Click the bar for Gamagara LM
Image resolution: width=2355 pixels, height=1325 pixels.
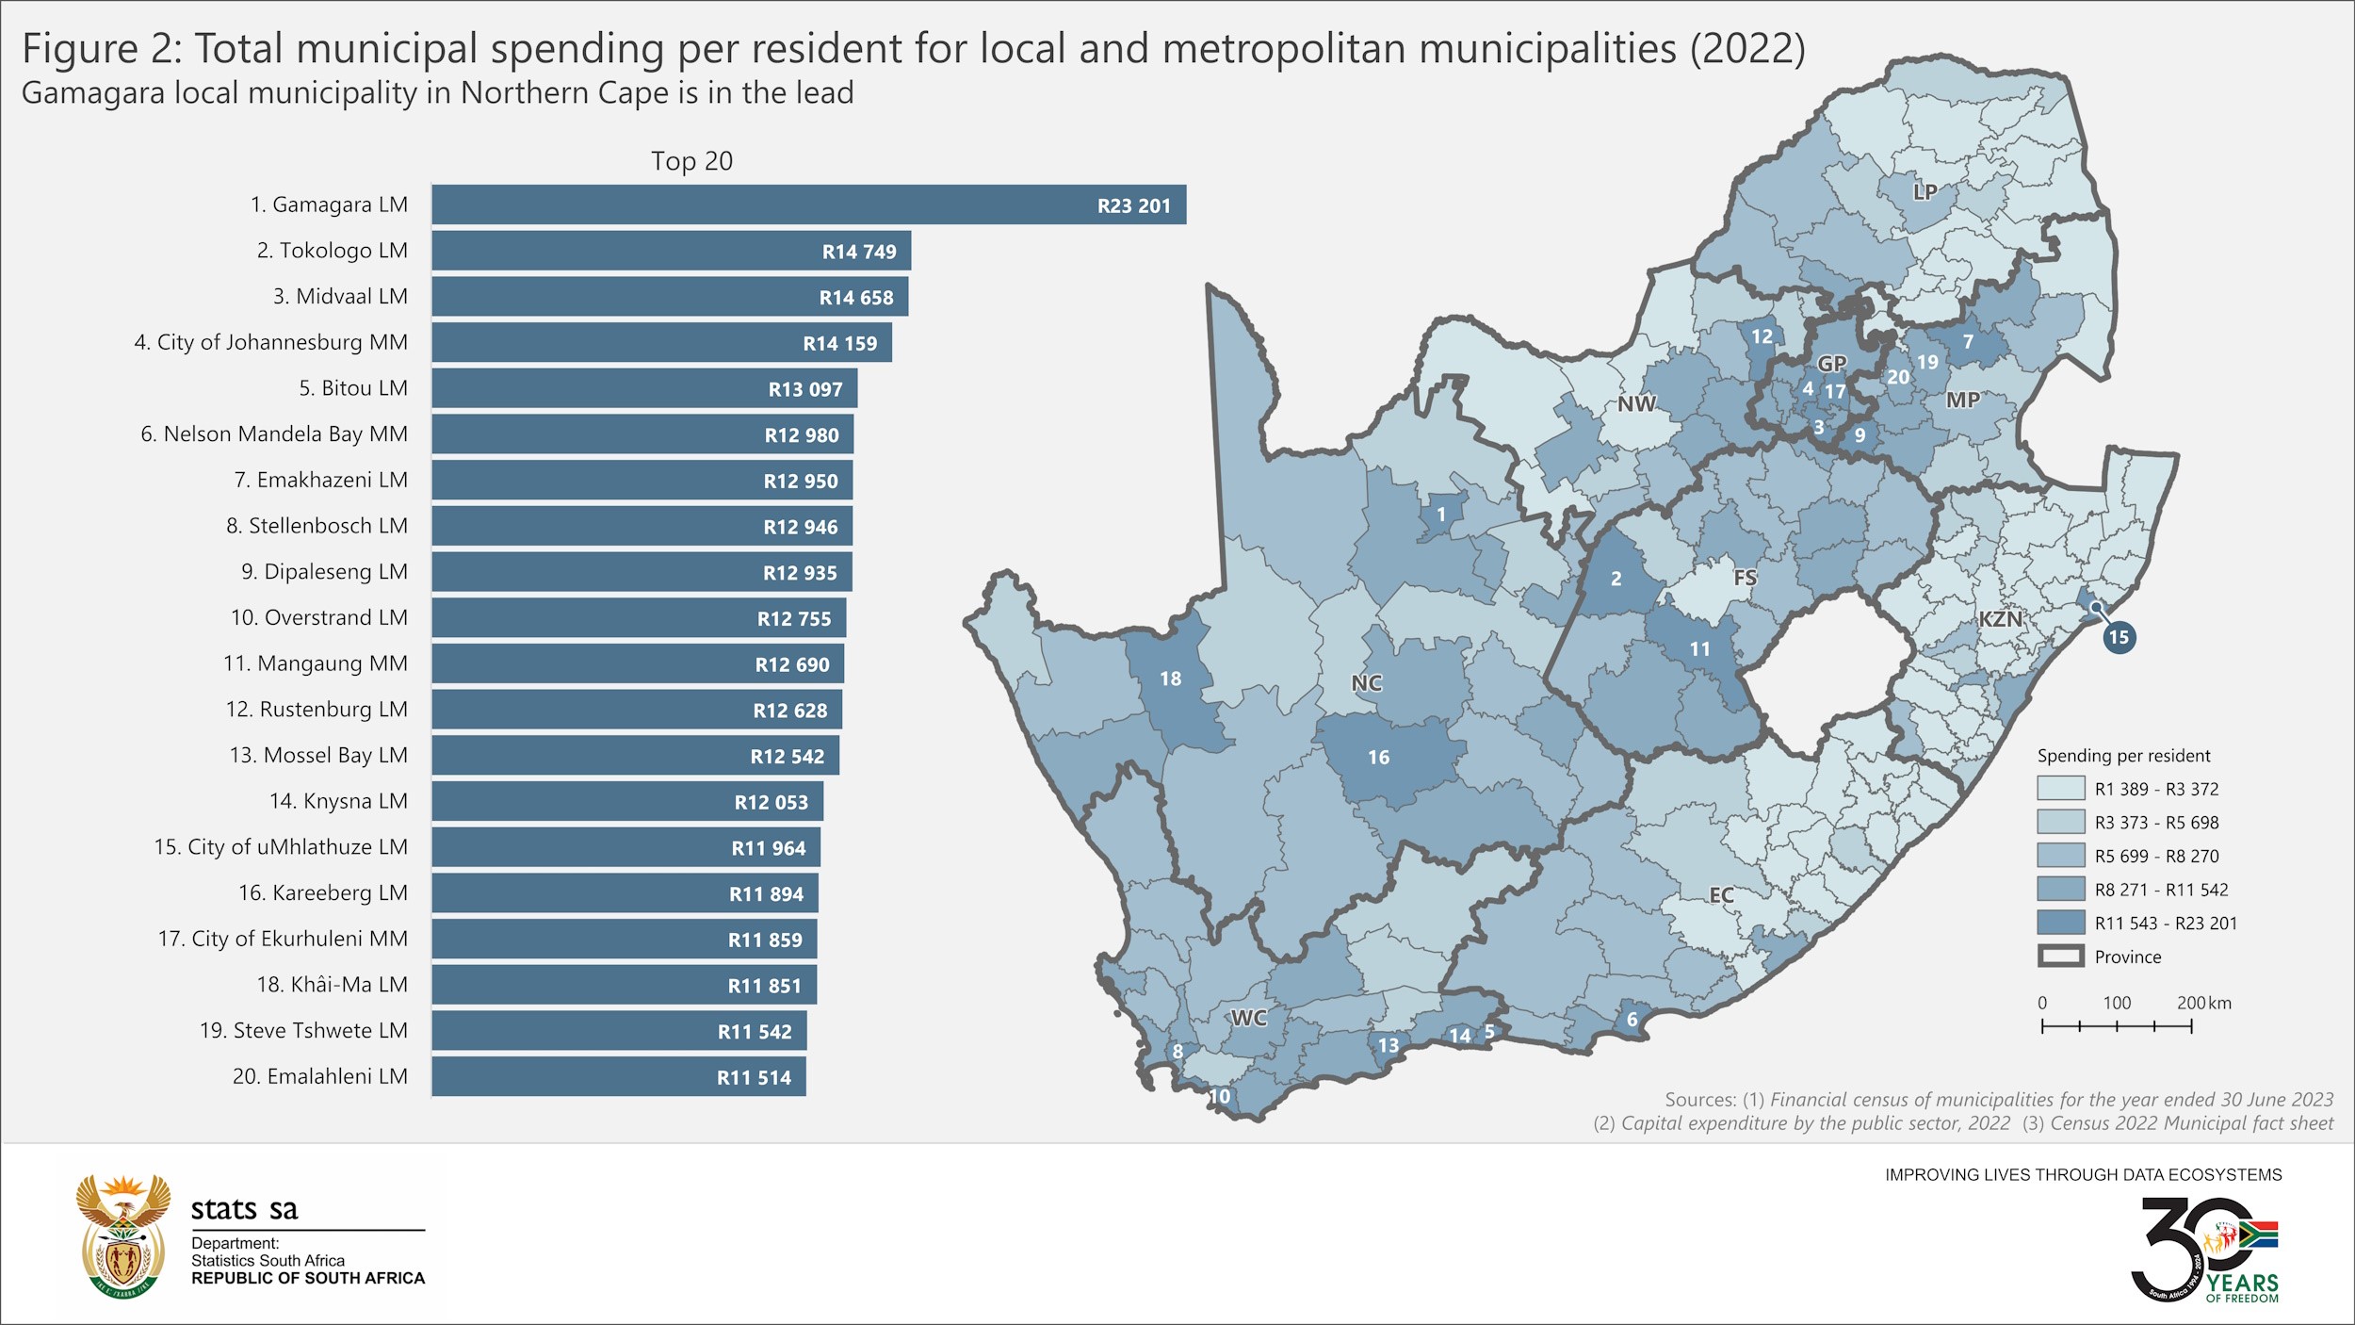[x=808, y=204]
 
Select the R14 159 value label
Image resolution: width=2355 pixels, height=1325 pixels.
[x=839, y=344]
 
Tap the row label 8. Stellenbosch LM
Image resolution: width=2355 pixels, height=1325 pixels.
[x=317, y=526]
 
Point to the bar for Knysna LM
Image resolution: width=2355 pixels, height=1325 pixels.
[x=627, y=801]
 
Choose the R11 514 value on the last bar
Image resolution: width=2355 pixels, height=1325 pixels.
[x=754, y=1077]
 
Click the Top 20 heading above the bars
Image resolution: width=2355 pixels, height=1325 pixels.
[x=691, y=161]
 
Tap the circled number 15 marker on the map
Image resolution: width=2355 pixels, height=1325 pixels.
[x=2119, y=637]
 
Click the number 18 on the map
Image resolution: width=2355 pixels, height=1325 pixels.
[x=1170, y=679]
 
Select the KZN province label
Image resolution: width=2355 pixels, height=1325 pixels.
[x=2000, y=619]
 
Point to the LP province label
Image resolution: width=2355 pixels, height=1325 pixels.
[x=1925, y=191]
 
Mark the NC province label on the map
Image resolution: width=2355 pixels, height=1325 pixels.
[x=1367, y=683]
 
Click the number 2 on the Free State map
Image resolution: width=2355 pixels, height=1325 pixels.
[x=1616, y=579]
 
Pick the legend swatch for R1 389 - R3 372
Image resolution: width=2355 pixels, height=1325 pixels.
[x=2060, y=789]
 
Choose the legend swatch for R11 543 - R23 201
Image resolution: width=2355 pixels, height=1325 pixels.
[x=2060, y=923]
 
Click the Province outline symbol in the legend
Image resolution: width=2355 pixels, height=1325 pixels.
[x=2060, y=957]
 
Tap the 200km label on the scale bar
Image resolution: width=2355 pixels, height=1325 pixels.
[x=2203, y=1003]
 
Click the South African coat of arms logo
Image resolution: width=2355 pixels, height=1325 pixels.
[x=123, y=1235]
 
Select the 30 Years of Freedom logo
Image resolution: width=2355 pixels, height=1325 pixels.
[x=2204, y=1250]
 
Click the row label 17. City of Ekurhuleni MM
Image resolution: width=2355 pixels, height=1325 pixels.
[x=283, y=939]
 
